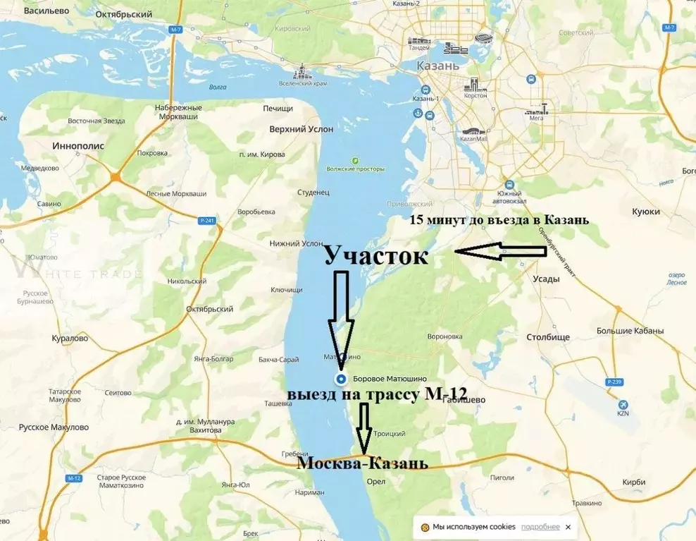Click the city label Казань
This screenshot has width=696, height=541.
[x=439, y=66]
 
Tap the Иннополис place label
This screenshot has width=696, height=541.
[x=78, y=145]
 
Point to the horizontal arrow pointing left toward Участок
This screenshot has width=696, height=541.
[x=500, y=250]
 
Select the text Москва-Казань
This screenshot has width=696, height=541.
[x=361, y=463]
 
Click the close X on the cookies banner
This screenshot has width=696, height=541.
[x=568, y=527]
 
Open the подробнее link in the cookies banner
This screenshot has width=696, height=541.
[x=540, y=527]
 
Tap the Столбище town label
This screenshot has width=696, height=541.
[x=549, y=337]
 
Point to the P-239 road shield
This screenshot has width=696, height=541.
[x=614, y=382]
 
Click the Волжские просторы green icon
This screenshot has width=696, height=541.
[x=356, y=161]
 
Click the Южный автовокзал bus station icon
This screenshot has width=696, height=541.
[x=510, y=185]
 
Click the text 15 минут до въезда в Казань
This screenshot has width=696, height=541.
[x=499, y=220]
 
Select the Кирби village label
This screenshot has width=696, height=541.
[x=633, y=482]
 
